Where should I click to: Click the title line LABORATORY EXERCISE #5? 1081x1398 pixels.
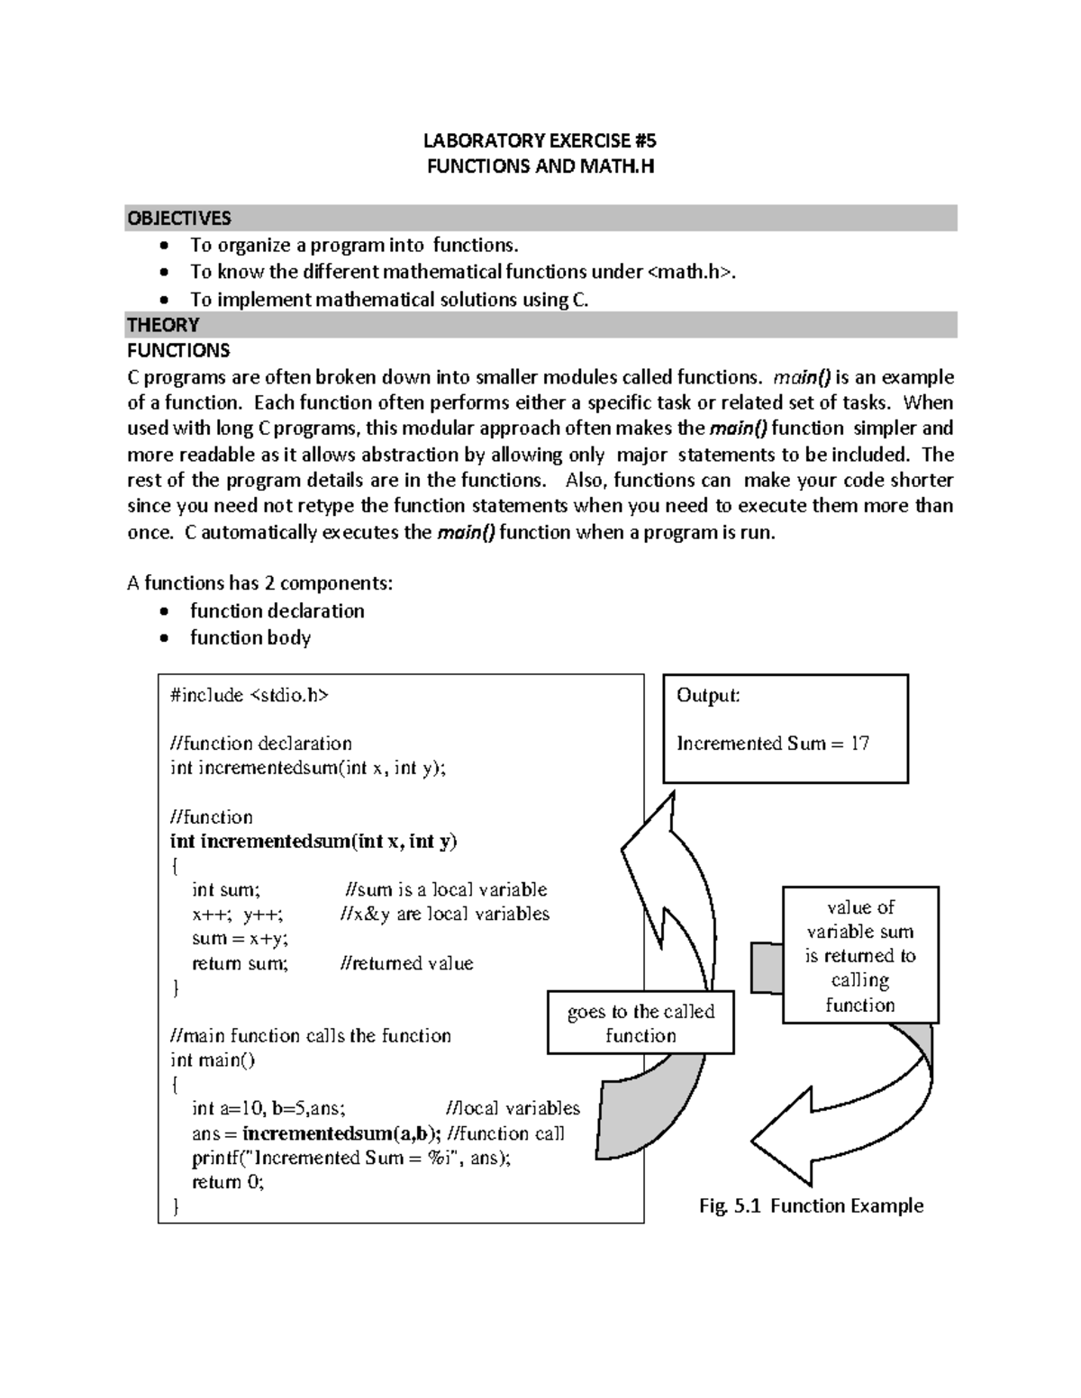click(x=540, y=140)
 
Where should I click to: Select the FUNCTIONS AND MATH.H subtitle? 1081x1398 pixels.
click(x=540, y=167)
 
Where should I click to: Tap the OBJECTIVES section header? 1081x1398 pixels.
click(x=179, y=218)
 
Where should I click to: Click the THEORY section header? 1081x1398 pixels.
click(x=163, y=324)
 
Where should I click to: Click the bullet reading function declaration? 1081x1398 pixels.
click(x=277, y=611)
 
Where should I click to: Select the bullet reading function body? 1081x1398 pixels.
click(x=250, y=638)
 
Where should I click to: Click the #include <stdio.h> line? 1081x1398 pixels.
click(x=250, y=695)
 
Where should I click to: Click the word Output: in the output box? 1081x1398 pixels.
click(x=708, y=696)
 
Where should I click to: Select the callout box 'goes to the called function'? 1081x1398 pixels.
click(x=640, y=1024)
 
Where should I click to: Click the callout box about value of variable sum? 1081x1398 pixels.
click(x=860, y=956)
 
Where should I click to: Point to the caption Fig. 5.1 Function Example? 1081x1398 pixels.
click(x=811, y=1206)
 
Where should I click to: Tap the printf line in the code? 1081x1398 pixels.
click(x=350, y=1158)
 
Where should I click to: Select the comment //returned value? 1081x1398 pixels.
click(x=406, y=963)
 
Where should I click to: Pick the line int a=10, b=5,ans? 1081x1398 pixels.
click(x=268, y=1109)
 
